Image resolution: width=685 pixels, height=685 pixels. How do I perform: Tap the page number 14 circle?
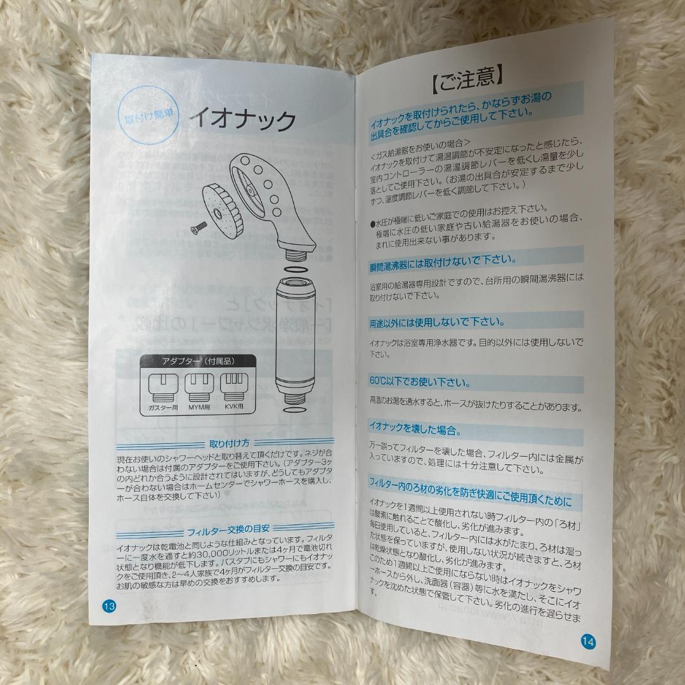tap(588, 641)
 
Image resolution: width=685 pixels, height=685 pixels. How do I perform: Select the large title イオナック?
tap(244, 119)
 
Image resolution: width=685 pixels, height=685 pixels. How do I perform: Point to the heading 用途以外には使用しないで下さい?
tap(437, 322)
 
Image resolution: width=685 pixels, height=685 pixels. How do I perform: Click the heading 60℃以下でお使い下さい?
tap(420, 382)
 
